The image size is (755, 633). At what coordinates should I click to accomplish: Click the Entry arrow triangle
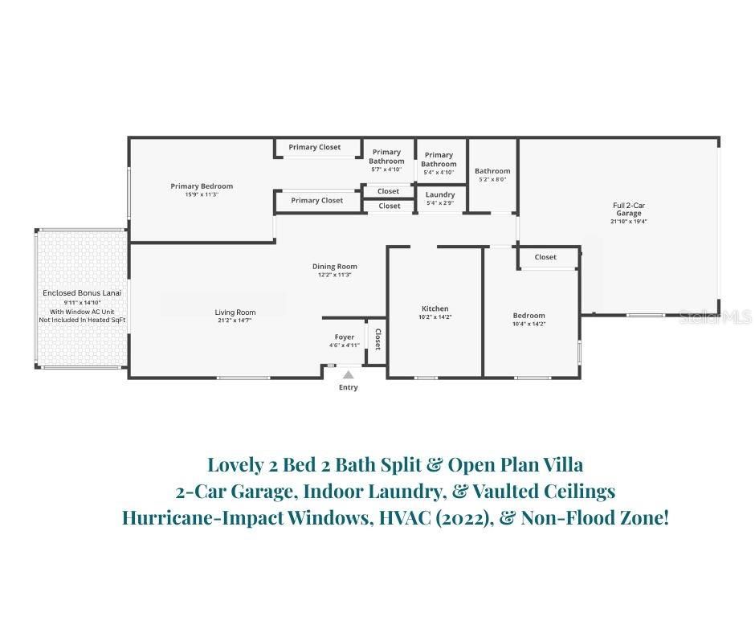348,375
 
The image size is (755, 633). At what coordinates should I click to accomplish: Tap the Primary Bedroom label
202,186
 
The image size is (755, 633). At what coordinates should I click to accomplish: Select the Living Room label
235,312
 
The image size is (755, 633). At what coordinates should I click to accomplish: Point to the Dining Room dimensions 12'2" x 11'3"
334,275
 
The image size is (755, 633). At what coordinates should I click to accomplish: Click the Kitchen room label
435,308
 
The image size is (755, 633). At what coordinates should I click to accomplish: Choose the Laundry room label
440,194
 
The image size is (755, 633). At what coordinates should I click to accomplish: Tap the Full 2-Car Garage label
629,209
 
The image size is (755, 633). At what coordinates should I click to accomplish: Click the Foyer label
345,337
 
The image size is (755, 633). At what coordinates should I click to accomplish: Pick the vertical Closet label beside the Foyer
378,340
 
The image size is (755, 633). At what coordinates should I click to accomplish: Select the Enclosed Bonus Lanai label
82,293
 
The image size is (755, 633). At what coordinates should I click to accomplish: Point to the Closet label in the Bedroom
545,257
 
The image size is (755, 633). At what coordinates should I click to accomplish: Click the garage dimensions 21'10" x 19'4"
628,222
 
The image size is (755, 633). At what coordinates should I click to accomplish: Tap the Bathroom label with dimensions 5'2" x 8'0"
492,171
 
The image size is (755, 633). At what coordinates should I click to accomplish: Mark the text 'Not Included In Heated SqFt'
82,320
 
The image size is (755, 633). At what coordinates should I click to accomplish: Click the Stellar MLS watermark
716,317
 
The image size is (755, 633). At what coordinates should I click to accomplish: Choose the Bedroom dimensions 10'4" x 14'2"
528,324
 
